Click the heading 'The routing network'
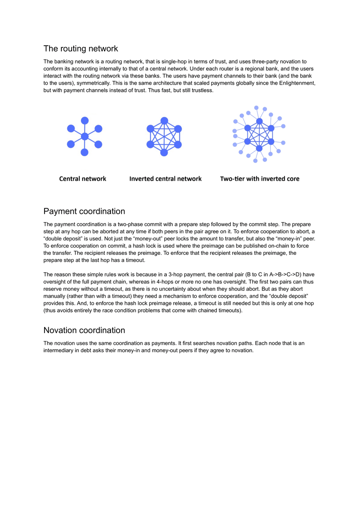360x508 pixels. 80,49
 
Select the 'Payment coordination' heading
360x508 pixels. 84,211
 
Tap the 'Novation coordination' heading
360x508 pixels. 84,330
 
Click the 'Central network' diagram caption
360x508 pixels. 83,179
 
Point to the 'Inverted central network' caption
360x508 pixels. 165,179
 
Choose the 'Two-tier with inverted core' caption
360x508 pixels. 260,179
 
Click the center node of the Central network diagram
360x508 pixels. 85,136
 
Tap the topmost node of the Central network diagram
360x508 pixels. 85,120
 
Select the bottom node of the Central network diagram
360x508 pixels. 85,152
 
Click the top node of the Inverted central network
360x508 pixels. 164,121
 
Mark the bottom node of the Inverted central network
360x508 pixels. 164,152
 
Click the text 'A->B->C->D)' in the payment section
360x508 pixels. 286,274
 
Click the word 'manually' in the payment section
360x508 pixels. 54,296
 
